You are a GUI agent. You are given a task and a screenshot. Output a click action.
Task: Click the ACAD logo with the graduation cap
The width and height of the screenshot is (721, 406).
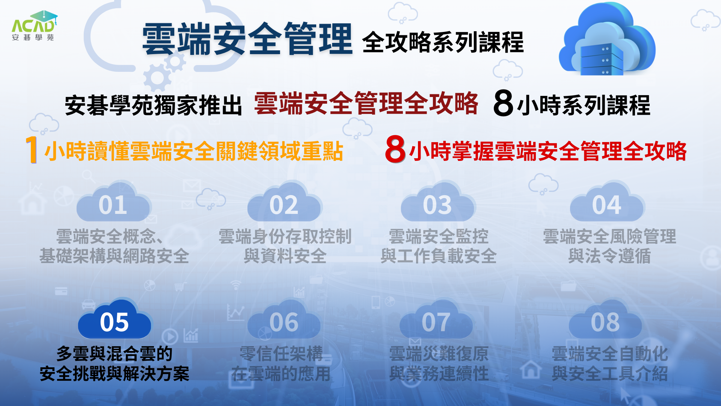(x=34, y=25)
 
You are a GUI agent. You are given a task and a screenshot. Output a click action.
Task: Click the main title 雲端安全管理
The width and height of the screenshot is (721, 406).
(x=247, y=39)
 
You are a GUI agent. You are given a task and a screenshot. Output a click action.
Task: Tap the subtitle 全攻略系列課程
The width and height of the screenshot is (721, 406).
(x=443, y=42)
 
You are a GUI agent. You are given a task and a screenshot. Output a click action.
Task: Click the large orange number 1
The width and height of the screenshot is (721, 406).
(x=32, y=149)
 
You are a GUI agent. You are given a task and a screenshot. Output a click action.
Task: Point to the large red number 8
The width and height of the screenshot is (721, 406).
(x=395, y=149)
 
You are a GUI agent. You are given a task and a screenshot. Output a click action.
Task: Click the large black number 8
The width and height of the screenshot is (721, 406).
(x=503, y=103)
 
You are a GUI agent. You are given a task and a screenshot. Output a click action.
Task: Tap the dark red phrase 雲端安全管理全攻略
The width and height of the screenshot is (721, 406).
(x=366, y=103)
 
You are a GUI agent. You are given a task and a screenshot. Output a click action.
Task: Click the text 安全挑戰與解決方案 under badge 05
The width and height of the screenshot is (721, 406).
(x=115, y=374)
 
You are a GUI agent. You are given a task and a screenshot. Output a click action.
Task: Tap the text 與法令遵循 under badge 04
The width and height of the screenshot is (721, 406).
(x=609, y=256)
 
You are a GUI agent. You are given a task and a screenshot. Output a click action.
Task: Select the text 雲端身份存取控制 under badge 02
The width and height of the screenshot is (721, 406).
(x=285, y=236)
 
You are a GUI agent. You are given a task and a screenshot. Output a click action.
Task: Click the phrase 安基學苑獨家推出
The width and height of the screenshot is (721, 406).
(x=154, y=105)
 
